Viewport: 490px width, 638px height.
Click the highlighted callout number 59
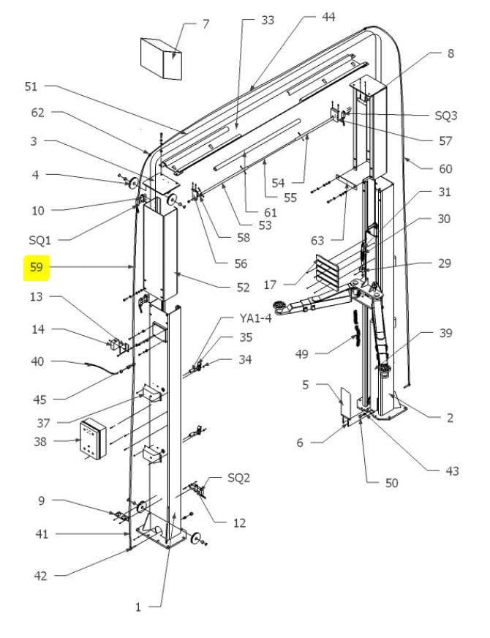(x=36, y=268)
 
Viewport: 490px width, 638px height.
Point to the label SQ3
(x=445, y=116)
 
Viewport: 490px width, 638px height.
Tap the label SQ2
(x=238, y=478)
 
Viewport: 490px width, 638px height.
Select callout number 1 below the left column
(x=137, y=607)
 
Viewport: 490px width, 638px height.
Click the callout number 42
(x=41, y=576)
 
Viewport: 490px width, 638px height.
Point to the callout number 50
(x=392, y=483)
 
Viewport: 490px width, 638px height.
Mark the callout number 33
(x=268, y=20)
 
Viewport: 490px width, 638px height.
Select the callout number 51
(x=31, y=86)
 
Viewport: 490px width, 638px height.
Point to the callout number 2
(x=450, y=418)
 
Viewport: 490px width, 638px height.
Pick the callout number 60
(x=445, y=168)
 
